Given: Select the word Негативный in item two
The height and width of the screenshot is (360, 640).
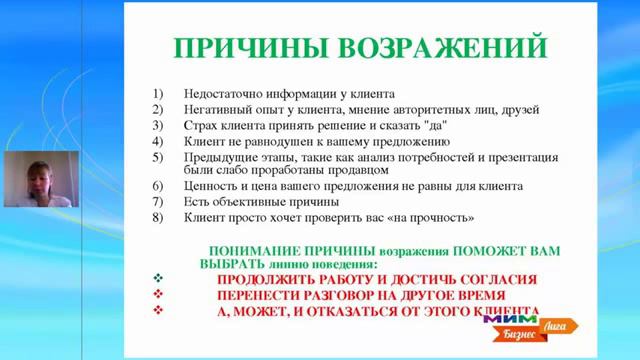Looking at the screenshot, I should click(219, 109).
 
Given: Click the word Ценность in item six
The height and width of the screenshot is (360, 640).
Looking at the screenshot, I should click(214, 186).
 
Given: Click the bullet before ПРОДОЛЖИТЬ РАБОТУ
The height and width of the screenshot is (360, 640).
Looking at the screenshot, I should click(157, 280).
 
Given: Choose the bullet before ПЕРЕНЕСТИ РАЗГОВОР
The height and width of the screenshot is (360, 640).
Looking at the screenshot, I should click(157, 296).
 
